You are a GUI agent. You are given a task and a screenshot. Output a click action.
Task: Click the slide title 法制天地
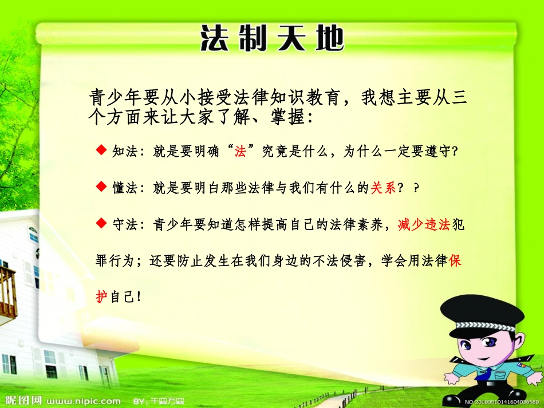[273, 39]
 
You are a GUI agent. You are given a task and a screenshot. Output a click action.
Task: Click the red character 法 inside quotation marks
[240, 152]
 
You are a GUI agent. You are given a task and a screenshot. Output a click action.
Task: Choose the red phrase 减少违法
[423, 224]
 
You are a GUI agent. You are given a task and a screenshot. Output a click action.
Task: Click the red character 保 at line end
[455, 260]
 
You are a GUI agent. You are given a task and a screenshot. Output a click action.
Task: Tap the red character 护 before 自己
[101, 297]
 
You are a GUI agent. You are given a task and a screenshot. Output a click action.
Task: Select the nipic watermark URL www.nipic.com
[83, 401]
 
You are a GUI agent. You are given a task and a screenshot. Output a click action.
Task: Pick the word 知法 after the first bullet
[124, 152]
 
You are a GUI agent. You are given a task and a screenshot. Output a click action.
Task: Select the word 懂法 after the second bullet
[124, 188]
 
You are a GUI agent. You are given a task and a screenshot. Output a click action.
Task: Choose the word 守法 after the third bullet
[124, 224]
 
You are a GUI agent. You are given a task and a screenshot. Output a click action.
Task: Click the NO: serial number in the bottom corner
[502, 402]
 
